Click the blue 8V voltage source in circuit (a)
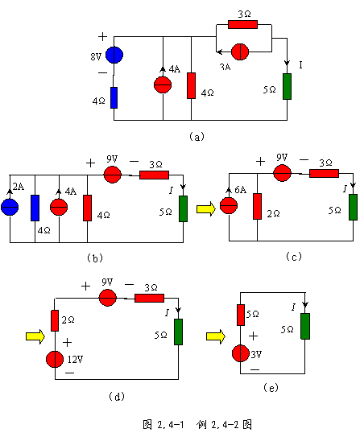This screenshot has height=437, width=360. tap(114, 55)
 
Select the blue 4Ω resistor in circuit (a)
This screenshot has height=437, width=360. tap(114, 97)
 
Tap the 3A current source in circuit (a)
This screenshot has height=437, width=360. tap(240, 52)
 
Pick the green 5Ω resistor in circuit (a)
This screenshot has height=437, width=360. tap(287, 86)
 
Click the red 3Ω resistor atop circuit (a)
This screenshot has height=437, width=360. tap(242, 24)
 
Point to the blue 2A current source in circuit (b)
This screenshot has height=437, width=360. tap(10, 207)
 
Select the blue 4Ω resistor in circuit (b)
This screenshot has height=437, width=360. tap(35, 208)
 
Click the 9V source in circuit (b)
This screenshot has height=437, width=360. tap(113, 175)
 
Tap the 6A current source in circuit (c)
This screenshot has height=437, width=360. tap(229, 205)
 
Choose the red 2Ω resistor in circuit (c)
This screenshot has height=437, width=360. tap(257, 206)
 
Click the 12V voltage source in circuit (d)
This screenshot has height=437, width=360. tap(55, 359)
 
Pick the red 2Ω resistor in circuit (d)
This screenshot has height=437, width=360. tap(55, 320)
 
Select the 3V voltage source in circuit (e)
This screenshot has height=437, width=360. tap(240, 353)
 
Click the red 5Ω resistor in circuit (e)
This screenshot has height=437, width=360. tap(241, 315)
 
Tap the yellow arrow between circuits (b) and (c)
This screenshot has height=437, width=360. tap(206, 208)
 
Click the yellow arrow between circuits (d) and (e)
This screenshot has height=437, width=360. tap(216, 336)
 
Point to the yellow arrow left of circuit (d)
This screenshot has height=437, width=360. tap(35, 336)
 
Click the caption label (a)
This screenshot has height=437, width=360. tap(197, 136)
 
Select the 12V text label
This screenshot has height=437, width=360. tap(75, 360)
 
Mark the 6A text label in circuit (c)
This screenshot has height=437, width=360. tap(240, 190)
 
